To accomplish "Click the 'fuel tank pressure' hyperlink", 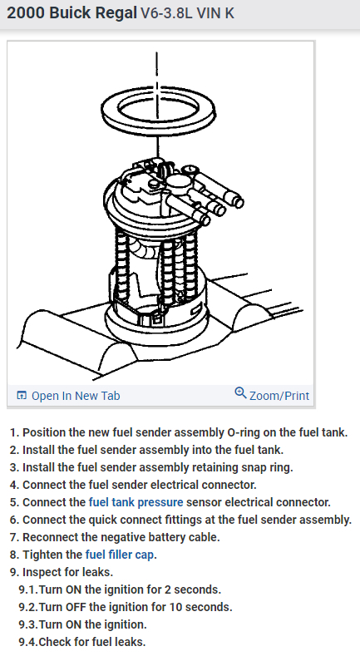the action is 136,502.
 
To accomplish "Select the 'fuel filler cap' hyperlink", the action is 119,555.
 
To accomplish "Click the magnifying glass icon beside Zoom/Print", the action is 240,393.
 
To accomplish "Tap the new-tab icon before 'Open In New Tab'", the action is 22,396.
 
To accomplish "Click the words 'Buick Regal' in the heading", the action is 93,13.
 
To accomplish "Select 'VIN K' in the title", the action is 215,13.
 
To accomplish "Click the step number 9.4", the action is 27,642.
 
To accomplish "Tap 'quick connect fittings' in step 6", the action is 147,520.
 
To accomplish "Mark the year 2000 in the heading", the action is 26,13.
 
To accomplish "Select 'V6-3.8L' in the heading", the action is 166,13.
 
